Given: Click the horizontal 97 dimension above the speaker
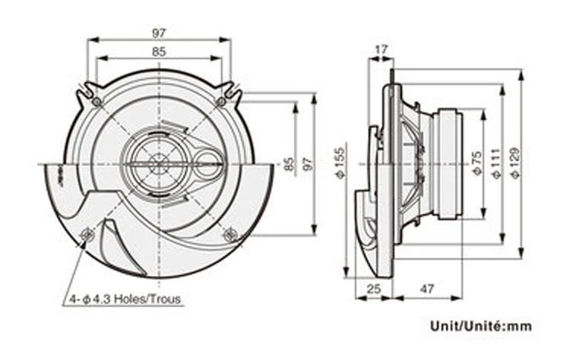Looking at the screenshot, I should tap(159, 33).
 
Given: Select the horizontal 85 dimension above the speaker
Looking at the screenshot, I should tap(159, 52).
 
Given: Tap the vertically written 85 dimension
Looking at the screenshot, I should tap(288, 165).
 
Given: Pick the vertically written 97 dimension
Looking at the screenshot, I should tap(307, 165).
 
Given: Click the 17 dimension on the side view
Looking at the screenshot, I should tap(382, 50).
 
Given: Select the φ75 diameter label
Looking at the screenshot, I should tap(476, 163).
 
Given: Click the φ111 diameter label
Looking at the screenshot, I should tap(496, 163).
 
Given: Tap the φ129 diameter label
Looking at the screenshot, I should tap(515, 163).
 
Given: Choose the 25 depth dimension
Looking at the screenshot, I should tap(373, 289).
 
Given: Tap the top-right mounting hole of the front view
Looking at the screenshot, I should tap(221, 101).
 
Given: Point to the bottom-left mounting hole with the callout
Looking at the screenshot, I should tap(87, 235).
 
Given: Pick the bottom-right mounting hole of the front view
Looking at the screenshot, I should tap(229, 235).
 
